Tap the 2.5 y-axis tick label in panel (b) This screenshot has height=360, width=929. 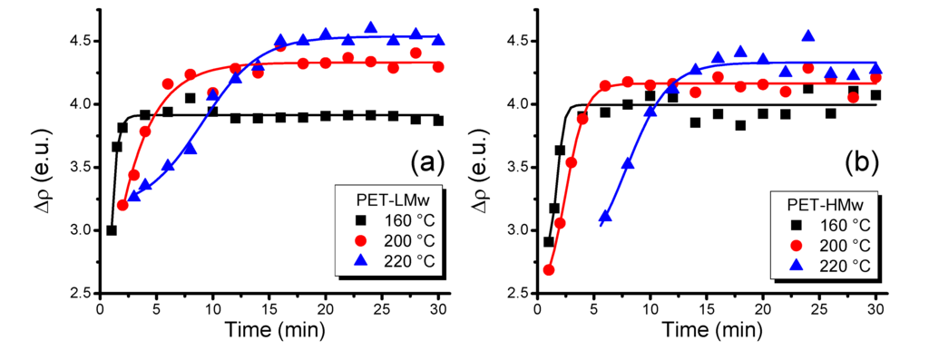coord(513,293)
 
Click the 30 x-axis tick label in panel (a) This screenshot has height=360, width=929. coord(439,309)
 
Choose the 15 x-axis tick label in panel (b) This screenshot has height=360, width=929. coord(706,309)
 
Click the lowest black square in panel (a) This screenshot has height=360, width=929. coord(112,230)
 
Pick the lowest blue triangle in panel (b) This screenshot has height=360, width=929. coord(605,217)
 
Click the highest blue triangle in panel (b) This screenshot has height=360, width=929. coord(808,36)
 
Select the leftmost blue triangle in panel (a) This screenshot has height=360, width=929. coord(134,195)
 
